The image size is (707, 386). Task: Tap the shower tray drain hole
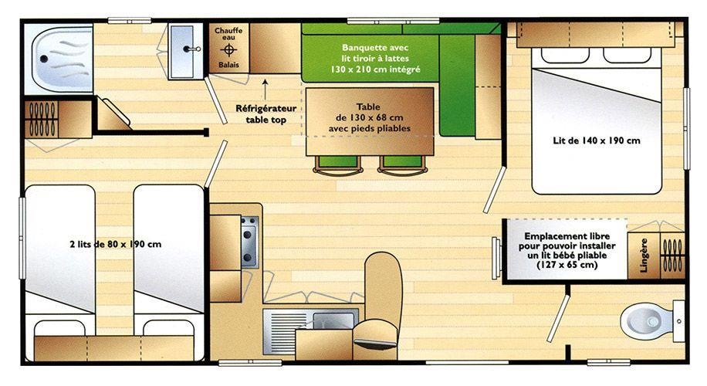point(44,59)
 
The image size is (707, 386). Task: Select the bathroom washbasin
point(185,50)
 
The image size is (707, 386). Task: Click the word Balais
point(228,65)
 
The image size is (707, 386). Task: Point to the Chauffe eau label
point(228,34)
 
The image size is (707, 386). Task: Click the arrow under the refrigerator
point(265,90)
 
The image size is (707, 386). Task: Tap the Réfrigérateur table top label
point(266,114)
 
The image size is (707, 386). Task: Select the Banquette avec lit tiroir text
point(375,59)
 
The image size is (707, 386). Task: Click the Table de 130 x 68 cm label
point(369,117)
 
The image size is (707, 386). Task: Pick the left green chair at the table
point(338,165)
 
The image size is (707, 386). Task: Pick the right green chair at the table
point(403,165)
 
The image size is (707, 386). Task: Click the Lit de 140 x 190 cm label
point(597,141)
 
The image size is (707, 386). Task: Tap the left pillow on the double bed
point(565,55)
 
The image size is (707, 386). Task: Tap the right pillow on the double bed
point(628,55)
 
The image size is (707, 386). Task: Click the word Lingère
point(644,256)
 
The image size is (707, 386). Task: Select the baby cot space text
point(567,250)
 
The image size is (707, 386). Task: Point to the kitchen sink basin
point(333,320)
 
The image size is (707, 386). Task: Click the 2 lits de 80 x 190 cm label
point(116,245)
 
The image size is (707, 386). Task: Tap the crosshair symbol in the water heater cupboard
point(228,49)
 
